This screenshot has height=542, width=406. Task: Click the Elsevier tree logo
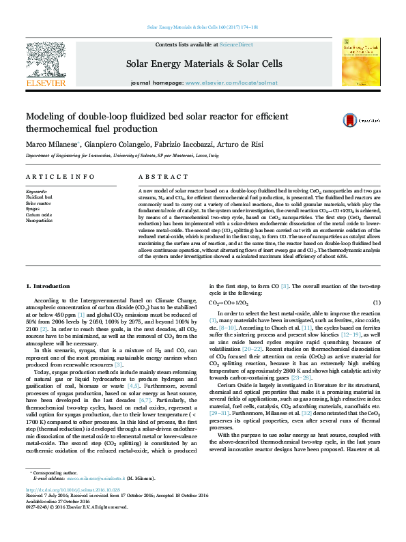45,57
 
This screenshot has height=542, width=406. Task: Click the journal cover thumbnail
360,61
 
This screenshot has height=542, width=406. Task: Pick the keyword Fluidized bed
40,197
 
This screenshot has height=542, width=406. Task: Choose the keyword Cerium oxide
40,215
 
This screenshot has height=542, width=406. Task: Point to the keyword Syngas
34,209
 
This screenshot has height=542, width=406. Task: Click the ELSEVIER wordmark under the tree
45,83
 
